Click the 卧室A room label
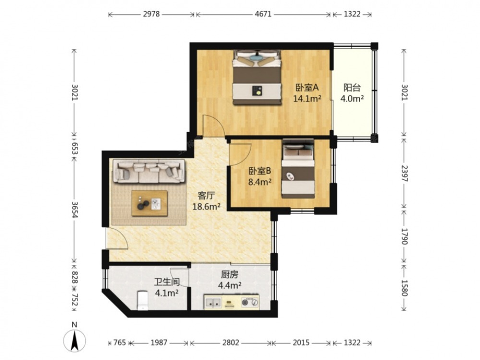coord(307,88)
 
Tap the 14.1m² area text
coord(307,98)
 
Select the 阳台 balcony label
coord(352,88)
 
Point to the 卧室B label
coord(260,171)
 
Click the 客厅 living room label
coord(206,195)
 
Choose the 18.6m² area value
coord(206,206)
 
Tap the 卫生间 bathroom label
coord(167,282)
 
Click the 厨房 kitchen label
coord(229,275)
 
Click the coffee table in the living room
coord(150,203)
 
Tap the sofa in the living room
coord(149,171)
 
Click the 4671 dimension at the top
coord(263,14)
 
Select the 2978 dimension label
coord(152,14)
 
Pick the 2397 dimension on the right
coord(404,173)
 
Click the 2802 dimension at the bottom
coord(230,342)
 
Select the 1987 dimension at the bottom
coord(159,342)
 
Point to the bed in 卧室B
coord(298,168)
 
